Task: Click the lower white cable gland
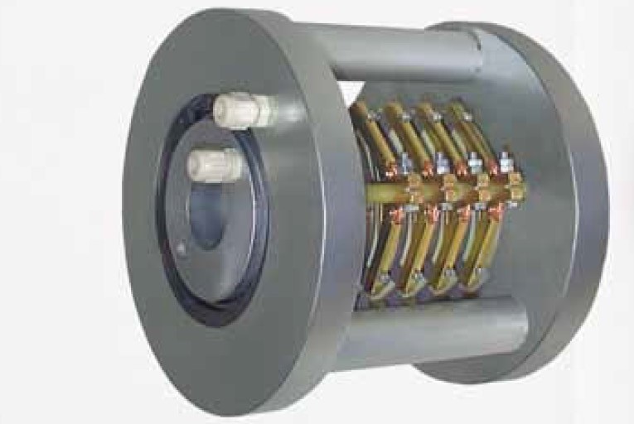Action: [x=215, y=165]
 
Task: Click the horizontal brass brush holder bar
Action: [x=439, y=192]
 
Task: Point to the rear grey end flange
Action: [x=572, y=207]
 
